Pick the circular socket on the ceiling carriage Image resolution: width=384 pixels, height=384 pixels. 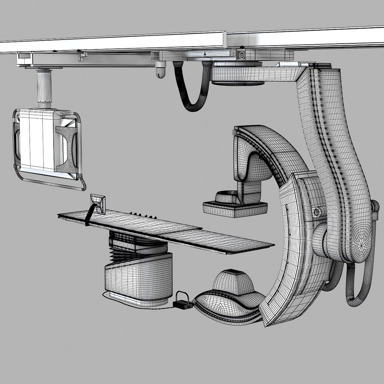[x=242, y=55]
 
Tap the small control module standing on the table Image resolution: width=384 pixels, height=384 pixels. [x=98, y=203]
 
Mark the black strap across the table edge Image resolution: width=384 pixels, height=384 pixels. [x=89, y=215]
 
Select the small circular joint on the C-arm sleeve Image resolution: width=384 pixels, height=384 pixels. [x=317, y=212]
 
